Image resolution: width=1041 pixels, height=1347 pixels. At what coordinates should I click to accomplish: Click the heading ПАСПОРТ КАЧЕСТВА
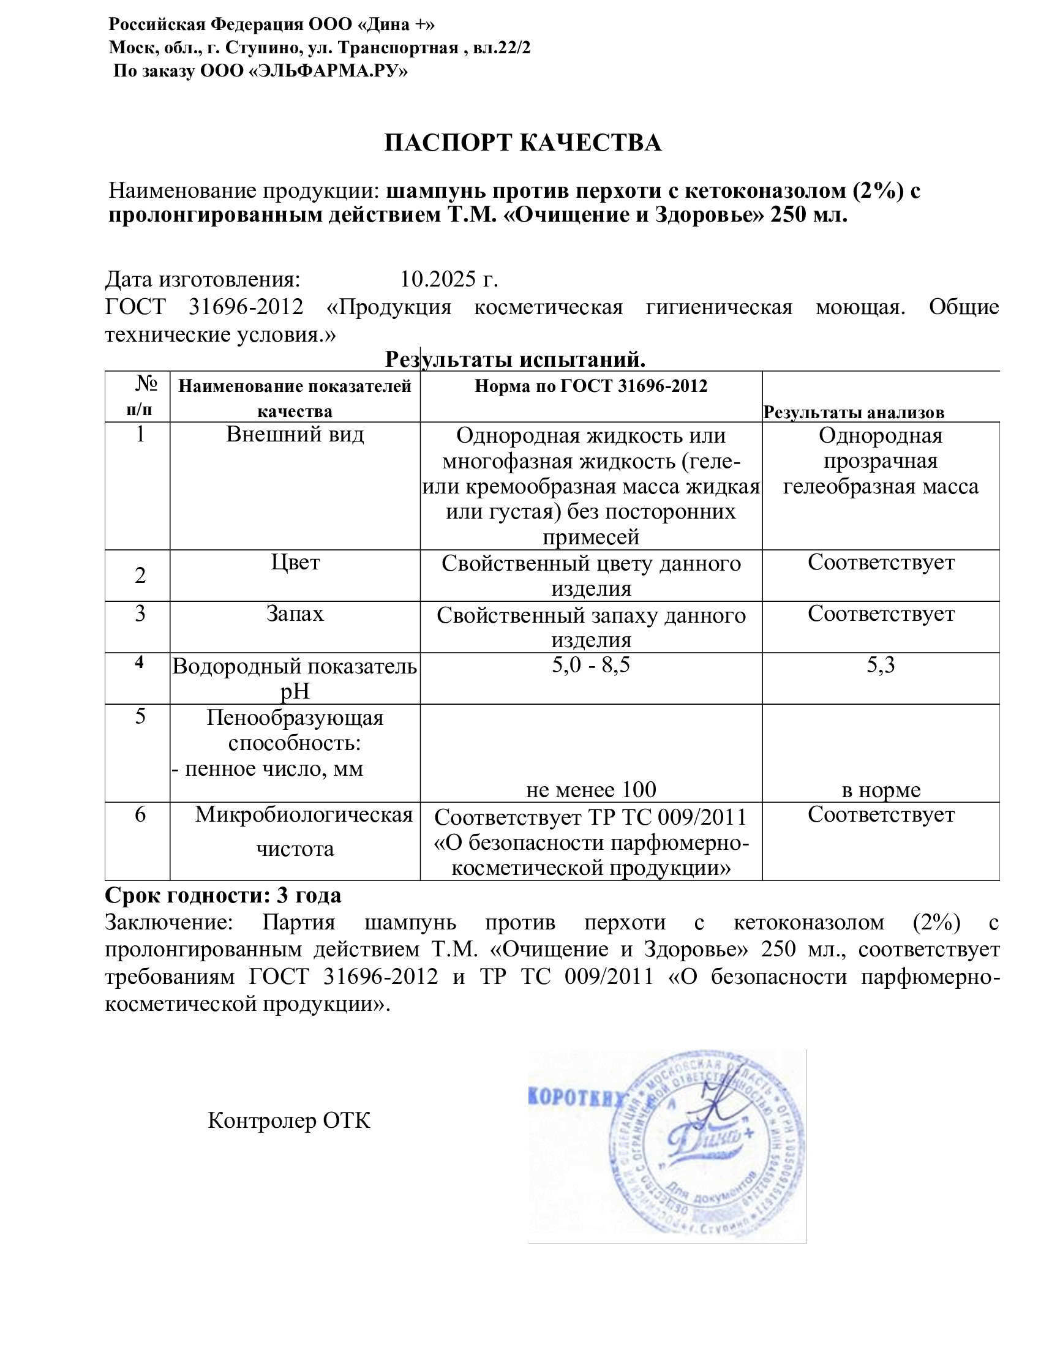click(x=522, y=143)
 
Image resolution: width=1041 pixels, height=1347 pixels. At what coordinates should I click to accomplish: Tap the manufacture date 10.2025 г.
click(x=448, y=279)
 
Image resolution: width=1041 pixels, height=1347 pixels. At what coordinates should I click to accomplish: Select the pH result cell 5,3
click(x=880, y=665)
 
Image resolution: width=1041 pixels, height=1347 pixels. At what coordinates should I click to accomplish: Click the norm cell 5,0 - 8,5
click(x=590, y=665)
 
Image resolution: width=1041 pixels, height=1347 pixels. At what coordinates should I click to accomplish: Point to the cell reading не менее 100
click(x=590, y=789)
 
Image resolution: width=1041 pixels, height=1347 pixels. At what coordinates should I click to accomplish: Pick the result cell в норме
click(x=880, y=789)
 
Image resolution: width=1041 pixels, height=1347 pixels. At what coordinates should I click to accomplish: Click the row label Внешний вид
click(x=295, y=434)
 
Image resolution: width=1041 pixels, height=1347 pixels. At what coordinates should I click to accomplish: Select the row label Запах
click(x=295, y=613)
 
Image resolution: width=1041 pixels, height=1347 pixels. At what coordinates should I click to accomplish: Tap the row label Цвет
click(x=295, y=562)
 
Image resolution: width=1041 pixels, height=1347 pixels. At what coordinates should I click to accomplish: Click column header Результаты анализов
click(x=854, y=412)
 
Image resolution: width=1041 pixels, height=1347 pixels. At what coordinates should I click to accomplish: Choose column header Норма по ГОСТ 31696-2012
click(x=590, y=386)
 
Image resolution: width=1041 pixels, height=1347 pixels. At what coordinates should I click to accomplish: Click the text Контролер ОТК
click(x=288, y=1120)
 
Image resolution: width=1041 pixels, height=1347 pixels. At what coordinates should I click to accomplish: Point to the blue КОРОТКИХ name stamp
click(x=575, y=1098)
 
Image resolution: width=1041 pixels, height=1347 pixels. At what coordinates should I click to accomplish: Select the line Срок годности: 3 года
click(x=223, y=895)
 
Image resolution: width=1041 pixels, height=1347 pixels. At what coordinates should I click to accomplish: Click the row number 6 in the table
click(x=140, y=815)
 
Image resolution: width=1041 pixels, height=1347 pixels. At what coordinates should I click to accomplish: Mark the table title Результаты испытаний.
click(x=515, y=359)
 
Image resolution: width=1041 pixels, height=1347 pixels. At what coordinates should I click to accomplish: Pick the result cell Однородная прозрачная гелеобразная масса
click(x=880, y=460)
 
